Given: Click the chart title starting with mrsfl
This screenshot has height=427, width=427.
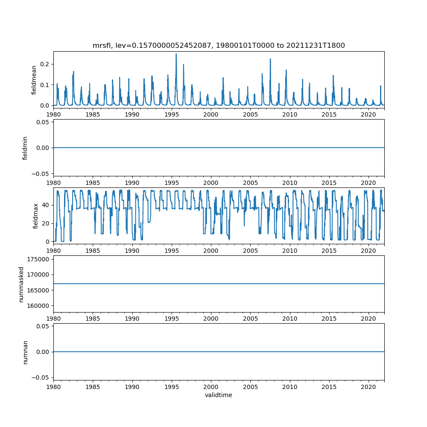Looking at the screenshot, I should click(219, 45).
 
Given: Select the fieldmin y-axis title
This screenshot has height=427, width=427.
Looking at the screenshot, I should click(25, 148).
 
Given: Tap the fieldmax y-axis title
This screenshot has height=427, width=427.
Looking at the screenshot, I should click(36, 216).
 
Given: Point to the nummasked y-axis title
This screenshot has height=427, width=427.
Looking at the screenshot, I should click(21, 284).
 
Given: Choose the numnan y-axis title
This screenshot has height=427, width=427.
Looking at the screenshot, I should click(25, 352).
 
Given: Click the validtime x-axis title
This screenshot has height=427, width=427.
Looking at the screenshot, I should click(219, 395).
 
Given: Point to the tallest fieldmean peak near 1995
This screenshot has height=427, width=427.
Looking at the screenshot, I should click(176, 54).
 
